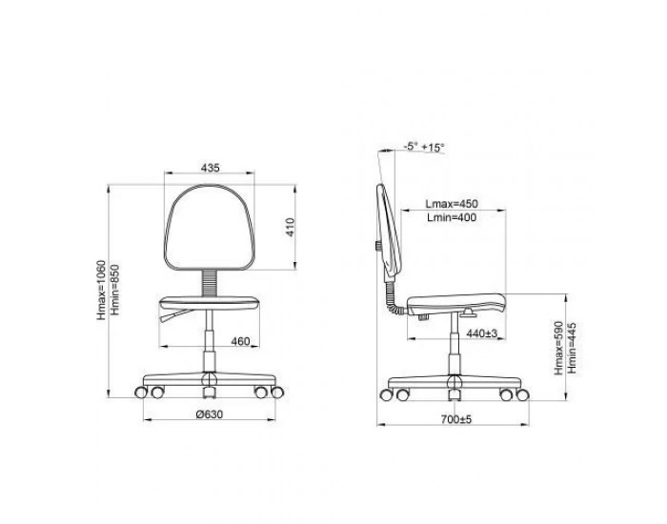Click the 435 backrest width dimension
pos(211,168)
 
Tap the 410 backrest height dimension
pos(290,227)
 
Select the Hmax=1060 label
pos(101,290)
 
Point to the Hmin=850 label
pos(115,290)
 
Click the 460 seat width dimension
pos(240,341)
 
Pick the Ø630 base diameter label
pos(210,413)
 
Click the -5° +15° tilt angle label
pos(424,147)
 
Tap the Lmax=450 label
pos(452,203)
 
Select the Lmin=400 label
pos(452,217)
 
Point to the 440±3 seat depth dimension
pos(482,333)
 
